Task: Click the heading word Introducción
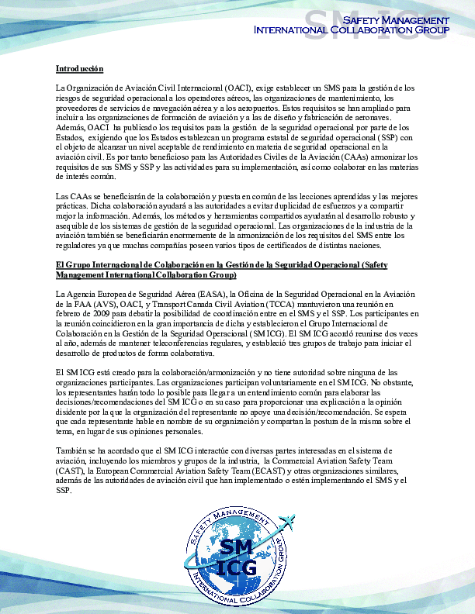tap(79, 69)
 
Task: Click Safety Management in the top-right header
tap(396, 19)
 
